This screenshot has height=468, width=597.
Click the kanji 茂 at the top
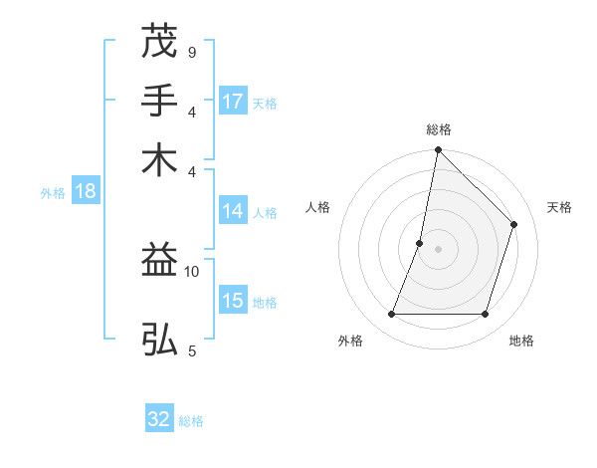click(x=159, y=43)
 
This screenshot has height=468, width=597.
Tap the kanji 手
click(x=159, y=101)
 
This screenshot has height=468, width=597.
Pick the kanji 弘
click(x=159, y=339)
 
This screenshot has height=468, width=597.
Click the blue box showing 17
click(x=233, y=102)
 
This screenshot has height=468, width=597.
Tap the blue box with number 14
click(x=233, y=211)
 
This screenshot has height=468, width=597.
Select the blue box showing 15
click(x=233, y=302)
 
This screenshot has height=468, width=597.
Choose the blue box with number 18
click(x=86, y=192)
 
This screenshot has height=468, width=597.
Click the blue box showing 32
click(x=159, y=419)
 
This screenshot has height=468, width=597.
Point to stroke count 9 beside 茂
click(x=191, y=51)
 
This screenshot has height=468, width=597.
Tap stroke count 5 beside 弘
click(x=191, y=350)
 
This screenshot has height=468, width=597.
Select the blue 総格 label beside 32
click(x=191, y=421)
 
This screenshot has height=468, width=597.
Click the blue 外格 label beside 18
click(x=53, y=193)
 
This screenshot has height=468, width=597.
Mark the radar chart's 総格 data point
click(x=438, y=149)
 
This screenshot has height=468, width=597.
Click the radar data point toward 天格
click(x=514, y=224)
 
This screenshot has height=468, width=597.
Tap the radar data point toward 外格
click(x=391, y=315)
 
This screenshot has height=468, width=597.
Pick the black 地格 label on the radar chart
click(x=521, y=341)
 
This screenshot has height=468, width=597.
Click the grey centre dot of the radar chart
click(x=438, y=249)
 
